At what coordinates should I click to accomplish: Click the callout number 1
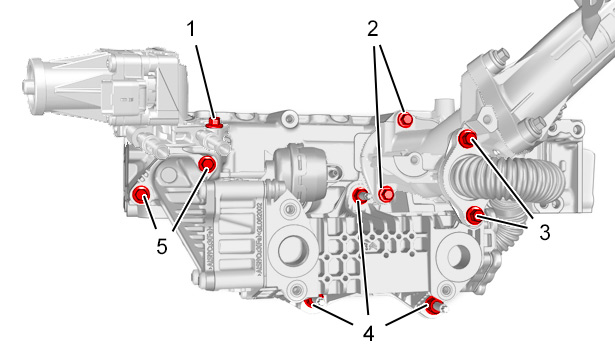tap(191, 29)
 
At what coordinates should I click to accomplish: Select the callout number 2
tap(373, 29)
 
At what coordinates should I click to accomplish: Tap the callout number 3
tap(544, 232)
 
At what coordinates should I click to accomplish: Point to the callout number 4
tap(368, 334)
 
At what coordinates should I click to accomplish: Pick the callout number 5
tap(162, 247)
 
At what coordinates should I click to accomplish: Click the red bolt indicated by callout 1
tap(214, 123)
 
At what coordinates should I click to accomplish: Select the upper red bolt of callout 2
tap(405, 119)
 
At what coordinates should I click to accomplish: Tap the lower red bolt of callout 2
tap(386, 194)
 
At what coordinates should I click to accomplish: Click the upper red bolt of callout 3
tap(467, 138)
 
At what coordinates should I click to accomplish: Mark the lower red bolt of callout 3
tap(475, 215)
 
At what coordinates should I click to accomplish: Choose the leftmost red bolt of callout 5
tap(141, 195)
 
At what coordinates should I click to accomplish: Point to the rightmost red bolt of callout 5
tap(207, 164)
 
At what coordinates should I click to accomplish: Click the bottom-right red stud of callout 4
tap(434, 305)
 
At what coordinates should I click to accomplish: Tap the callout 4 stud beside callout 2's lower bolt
tap(360, 195)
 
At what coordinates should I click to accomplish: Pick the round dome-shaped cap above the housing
tap(301, 165)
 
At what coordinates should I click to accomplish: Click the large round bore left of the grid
tap(293, 249)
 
